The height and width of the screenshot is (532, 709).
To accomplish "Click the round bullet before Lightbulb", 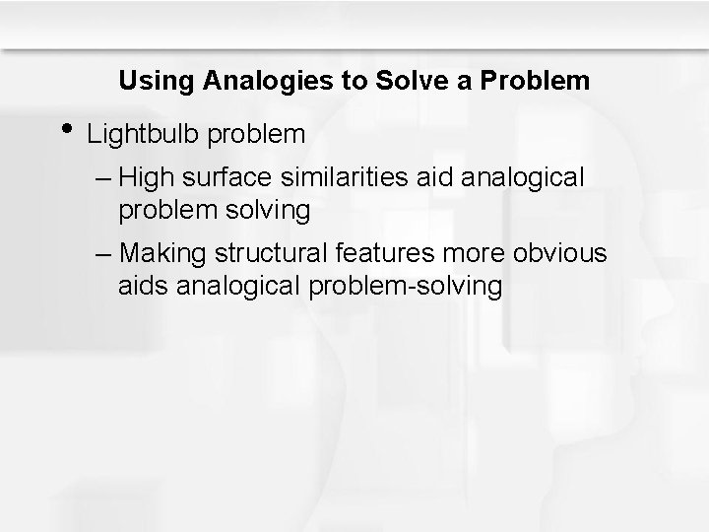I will point(66,128).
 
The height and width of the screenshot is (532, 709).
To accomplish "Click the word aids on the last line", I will point(143,286).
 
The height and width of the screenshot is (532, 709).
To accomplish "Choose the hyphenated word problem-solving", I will point(406,287).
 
